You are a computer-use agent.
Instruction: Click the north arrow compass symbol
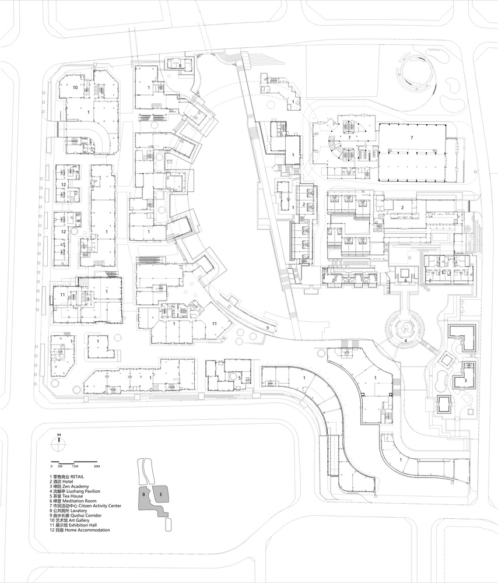point(59,441)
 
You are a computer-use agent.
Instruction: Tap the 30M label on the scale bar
point(97,467)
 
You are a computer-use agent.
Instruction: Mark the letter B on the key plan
point(143,494)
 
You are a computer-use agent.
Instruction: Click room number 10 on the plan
point(76,87)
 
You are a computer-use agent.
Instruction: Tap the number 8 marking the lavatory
point(180,66)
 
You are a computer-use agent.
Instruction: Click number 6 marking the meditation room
point(406,281)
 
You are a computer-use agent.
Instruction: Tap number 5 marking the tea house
point(239,377)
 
